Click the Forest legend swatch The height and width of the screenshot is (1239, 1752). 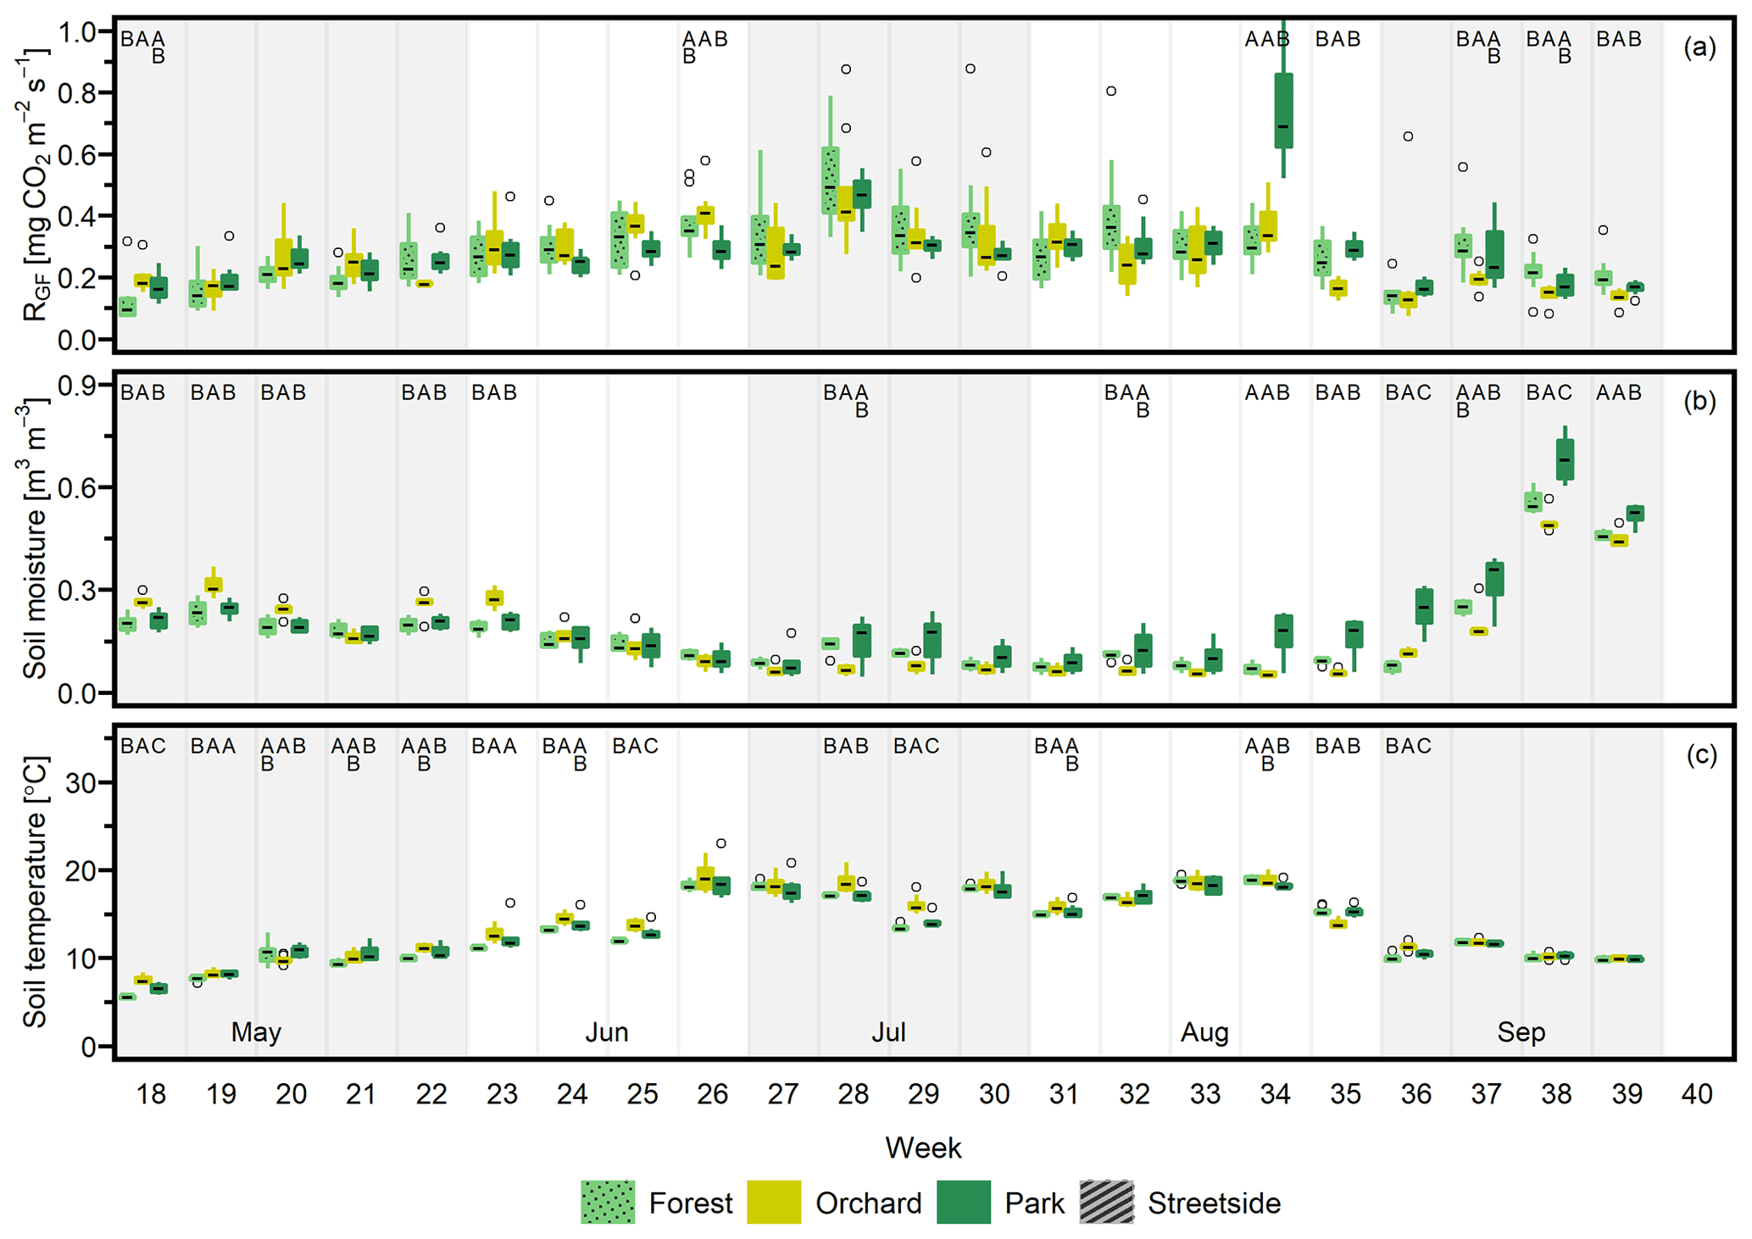click(x=607, y=1202)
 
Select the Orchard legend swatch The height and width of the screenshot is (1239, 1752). click(x=773, y=1202)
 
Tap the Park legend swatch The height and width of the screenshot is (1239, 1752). click(x=963, y=1202)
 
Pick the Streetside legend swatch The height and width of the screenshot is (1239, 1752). click(x=1106, y=1202)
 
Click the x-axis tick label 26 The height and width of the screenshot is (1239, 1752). click(x=713, y=1094)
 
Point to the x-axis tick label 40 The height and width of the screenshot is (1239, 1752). click(x=1697, y=1094)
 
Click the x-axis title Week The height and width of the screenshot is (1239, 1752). click(x=923, y=1148)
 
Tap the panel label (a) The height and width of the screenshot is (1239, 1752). click(x=1699, y=47)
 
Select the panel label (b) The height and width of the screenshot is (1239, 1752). click(x=1699, y=401)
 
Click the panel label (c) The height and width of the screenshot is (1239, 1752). click(x=1699, y=754)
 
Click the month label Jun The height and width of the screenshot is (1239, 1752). click(x=607, y=1032)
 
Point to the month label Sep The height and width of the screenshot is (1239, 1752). click(x=1521, y=1032)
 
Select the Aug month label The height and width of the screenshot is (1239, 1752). click(x=1204, y=1032)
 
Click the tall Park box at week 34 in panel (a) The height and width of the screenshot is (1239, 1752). click(x=1283, y=110)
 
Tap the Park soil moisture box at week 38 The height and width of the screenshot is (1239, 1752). click(x=1565, y=460)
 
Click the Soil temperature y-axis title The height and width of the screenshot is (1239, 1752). click(x=34, y=892)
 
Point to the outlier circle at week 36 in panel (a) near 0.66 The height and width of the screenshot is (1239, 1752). click(x=1408, y=136)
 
